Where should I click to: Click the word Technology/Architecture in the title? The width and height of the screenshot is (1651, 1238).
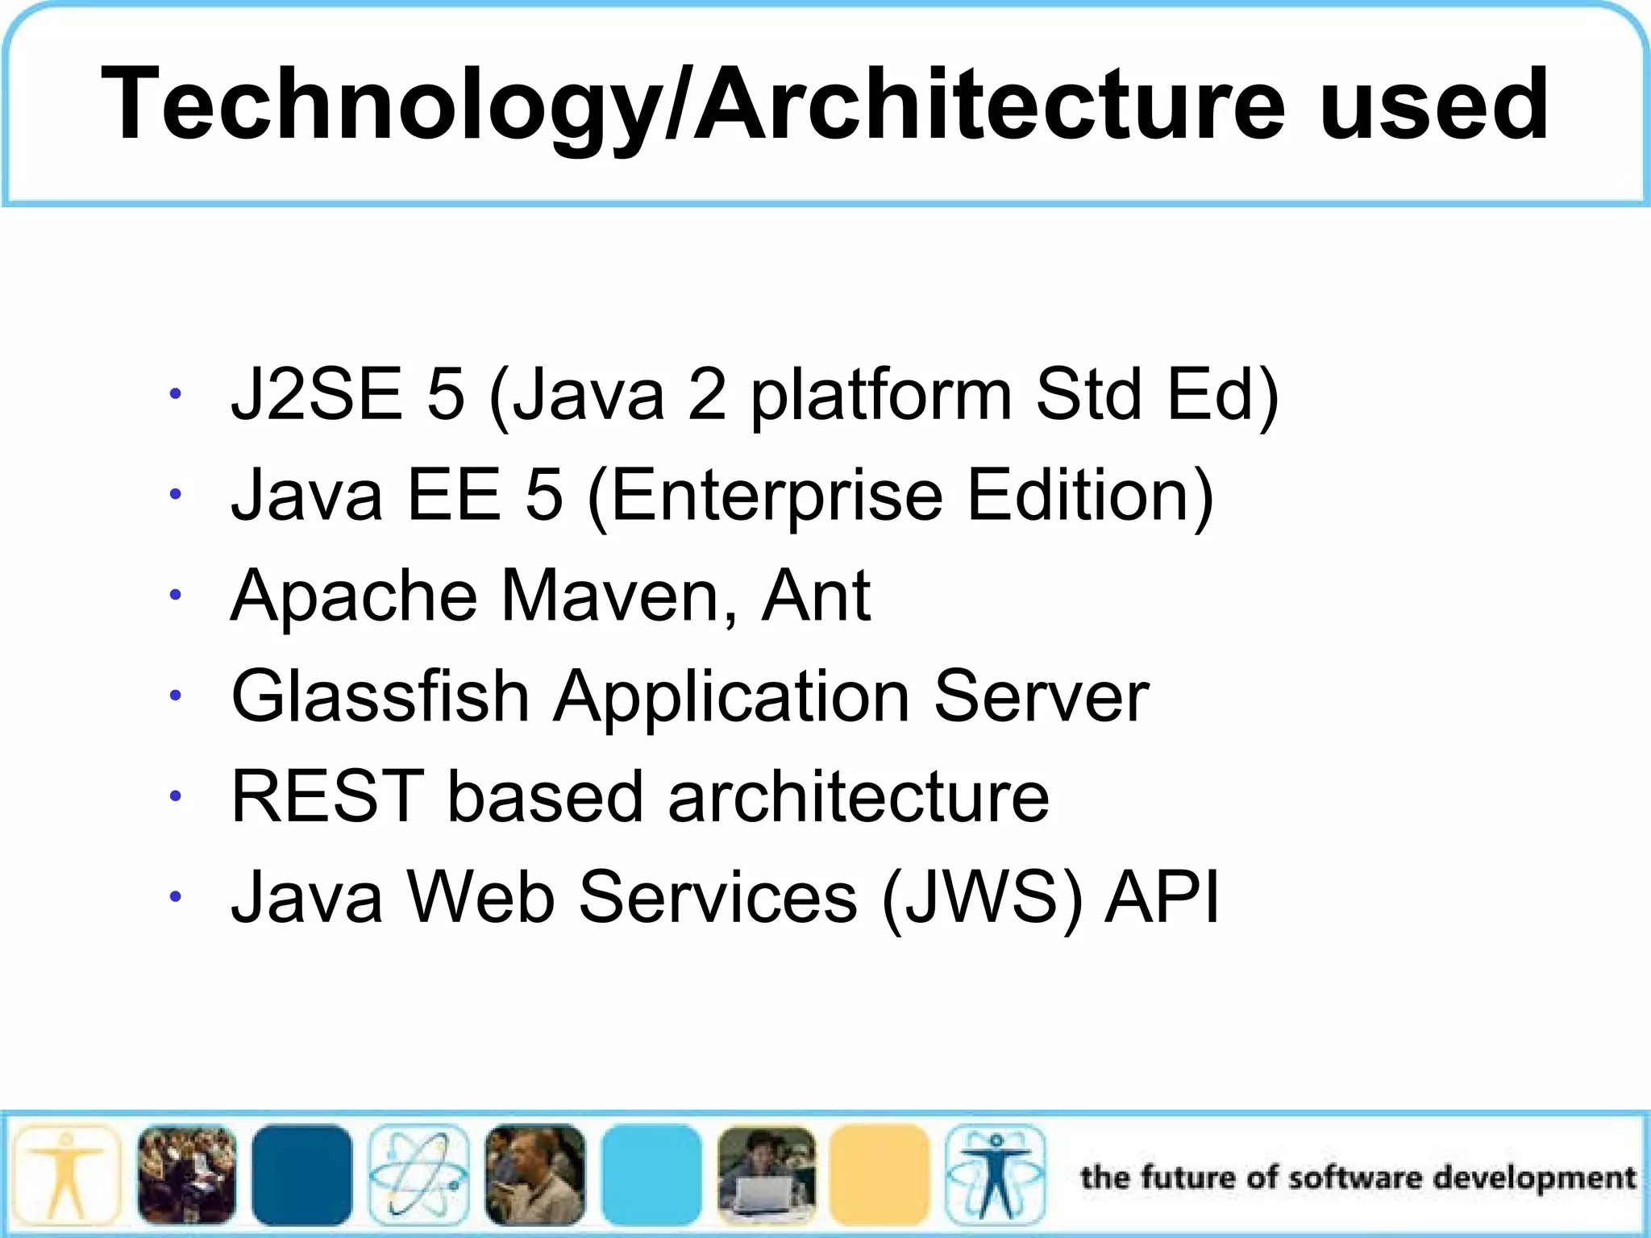pos(693,105)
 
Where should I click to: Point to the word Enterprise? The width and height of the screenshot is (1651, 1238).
pos(777,496)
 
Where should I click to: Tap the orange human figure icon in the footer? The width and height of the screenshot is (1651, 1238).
pos(67,1174)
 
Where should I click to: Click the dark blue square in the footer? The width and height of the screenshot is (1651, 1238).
pos(302,1174)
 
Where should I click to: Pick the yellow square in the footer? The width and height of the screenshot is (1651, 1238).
pos(880,1174)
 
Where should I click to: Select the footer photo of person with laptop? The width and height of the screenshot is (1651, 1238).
pos(766,1174)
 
